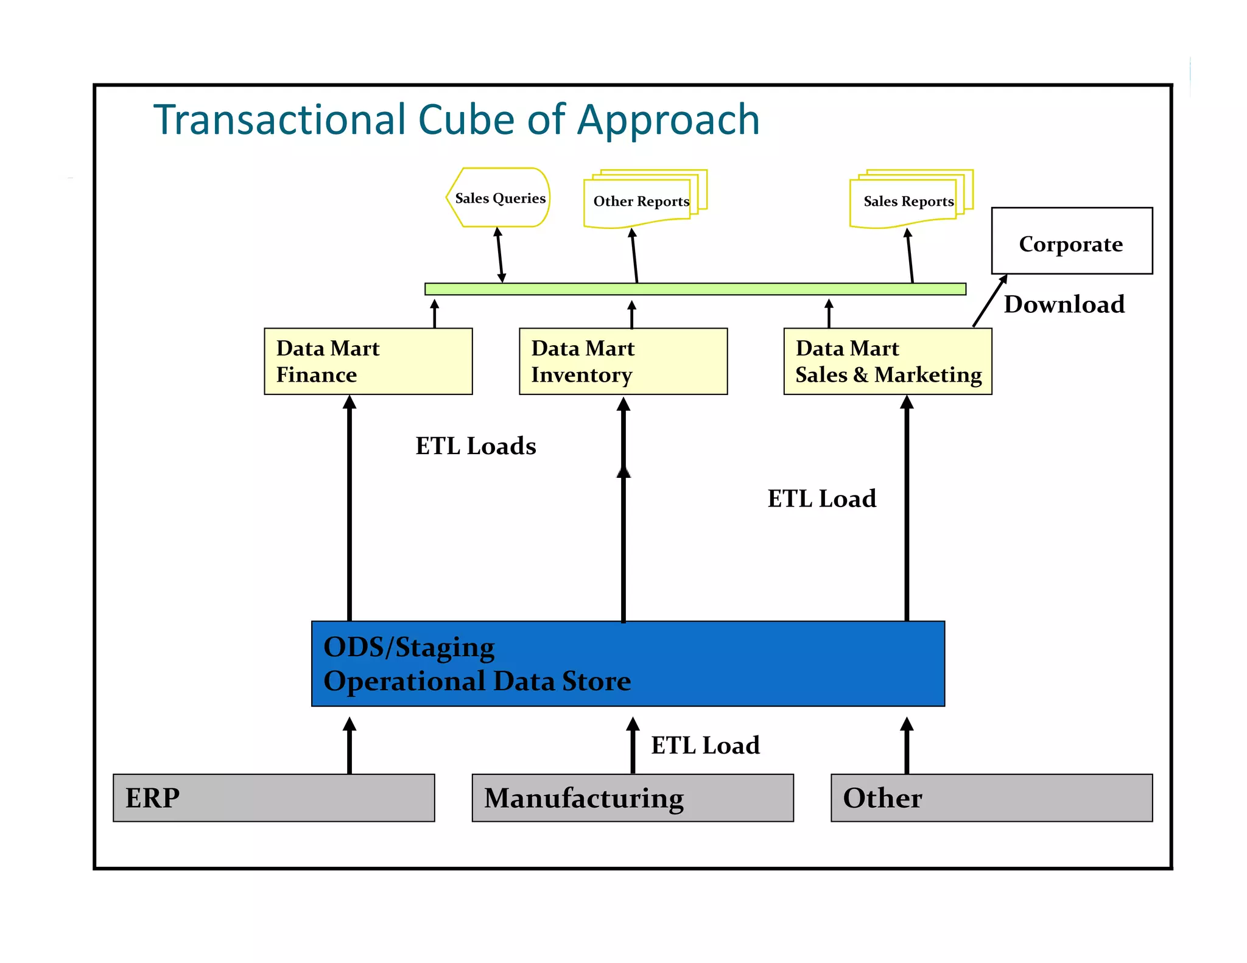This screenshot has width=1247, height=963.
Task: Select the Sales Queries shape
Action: click(499, 198)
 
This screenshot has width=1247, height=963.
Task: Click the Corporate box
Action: click(1071, 242)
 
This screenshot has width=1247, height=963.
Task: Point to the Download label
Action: click(1064, 304)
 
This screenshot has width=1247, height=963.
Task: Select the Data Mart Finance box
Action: click(368, 362)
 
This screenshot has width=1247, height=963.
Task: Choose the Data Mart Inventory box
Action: click(623, 362)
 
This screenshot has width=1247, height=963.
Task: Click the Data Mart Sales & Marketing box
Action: click(887, 362)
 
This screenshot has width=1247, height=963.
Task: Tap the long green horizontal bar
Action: click(695, 289)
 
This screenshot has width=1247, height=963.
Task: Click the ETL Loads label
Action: click(476, 446)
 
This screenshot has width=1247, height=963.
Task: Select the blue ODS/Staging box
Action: click(627, 664)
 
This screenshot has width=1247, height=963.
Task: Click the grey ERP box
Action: click(273, 797)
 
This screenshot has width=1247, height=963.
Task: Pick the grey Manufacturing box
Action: click(632, 797)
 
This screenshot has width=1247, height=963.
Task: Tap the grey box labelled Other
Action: click(991, 797)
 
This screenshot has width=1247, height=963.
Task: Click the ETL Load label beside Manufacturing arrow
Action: click(705, 745)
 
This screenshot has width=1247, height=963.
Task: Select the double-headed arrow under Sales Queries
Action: click(500, 255)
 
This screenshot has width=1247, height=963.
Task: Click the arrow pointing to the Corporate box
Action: click(989, 301)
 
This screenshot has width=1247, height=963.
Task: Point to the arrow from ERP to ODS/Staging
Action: click(350, 746)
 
